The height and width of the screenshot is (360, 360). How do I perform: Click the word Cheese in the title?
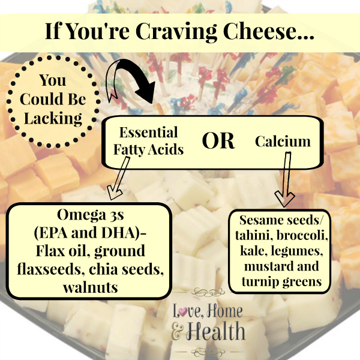click(268, 31)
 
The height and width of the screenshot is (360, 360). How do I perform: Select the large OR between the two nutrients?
click(218, 140)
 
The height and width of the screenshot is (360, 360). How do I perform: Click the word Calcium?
click(283, 141)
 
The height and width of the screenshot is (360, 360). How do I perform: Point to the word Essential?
click(149, 132)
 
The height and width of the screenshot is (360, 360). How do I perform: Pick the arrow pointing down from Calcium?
click(286, 179)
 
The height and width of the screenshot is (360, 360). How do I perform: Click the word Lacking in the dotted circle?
click(53, 119)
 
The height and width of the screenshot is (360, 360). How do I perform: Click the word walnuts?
click(90, 287)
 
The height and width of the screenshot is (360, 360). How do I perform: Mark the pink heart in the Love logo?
click(183, 313)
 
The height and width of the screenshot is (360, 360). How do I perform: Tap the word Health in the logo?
click(215, 331)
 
